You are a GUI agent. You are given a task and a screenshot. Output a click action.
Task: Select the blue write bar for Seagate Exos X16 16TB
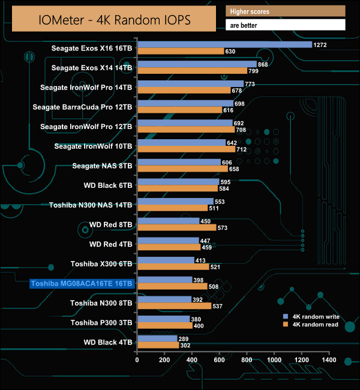point(224,44)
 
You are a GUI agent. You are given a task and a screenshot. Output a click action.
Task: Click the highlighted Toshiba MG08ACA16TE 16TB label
point(81,283)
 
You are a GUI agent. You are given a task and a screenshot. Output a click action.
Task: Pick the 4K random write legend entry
point(311,316)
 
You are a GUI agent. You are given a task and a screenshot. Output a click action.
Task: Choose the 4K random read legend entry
point(311,325)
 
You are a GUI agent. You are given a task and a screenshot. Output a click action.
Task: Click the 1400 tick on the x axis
point(329,359)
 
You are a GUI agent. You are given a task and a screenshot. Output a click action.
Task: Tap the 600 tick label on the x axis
point(220,359)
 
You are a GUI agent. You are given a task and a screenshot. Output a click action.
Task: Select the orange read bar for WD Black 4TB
point(158,346)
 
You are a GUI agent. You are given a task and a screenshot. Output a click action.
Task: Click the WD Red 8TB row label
point(111,224)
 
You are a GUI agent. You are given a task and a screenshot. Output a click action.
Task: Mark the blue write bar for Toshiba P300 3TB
point(163,319)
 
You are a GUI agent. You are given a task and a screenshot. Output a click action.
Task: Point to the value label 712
point(242,149)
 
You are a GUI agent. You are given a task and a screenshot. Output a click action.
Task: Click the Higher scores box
point(285,11)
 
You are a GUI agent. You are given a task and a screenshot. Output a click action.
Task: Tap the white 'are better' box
point(285,25)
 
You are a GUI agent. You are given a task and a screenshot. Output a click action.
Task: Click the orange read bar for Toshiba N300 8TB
point(174,306)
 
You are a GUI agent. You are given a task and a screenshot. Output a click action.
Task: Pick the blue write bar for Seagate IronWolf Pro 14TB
point(190,83)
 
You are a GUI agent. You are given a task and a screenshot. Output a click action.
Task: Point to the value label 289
point(185,338)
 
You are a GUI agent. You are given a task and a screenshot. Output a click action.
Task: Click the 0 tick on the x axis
point(137,359)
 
